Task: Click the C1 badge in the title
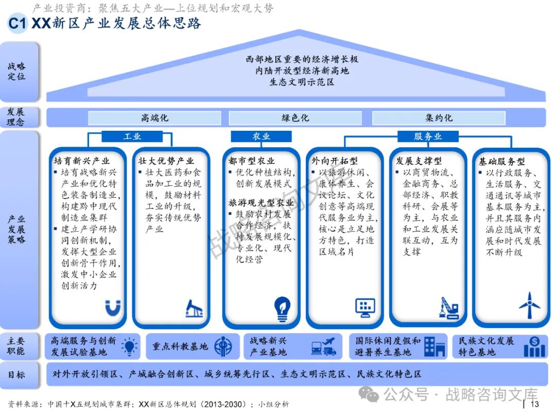point(16,24)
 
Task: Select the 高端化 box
point(154,118)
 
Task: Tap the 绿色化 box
point(296,118)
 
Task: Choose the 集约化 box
point(439,118)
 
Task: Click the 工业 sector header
point(132,136)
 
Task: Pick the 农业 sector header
point(261,136)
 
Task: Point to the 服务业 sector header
point(428,136)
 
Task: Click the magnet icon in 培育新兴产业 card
point(112,307)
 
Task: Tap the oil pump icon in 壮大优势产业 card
point(194,307)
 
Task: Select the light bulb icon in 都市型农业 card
point(282,307)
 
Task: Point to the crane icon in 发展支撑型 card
point(448,307)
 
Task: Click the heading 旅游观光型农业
point(261,203)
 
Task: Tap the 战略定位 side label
point(16,72)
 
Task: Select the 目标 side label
point(16,374)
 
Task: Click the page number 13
point(534,405)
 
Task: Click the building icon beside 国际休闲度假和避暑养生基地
point(435,346)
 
